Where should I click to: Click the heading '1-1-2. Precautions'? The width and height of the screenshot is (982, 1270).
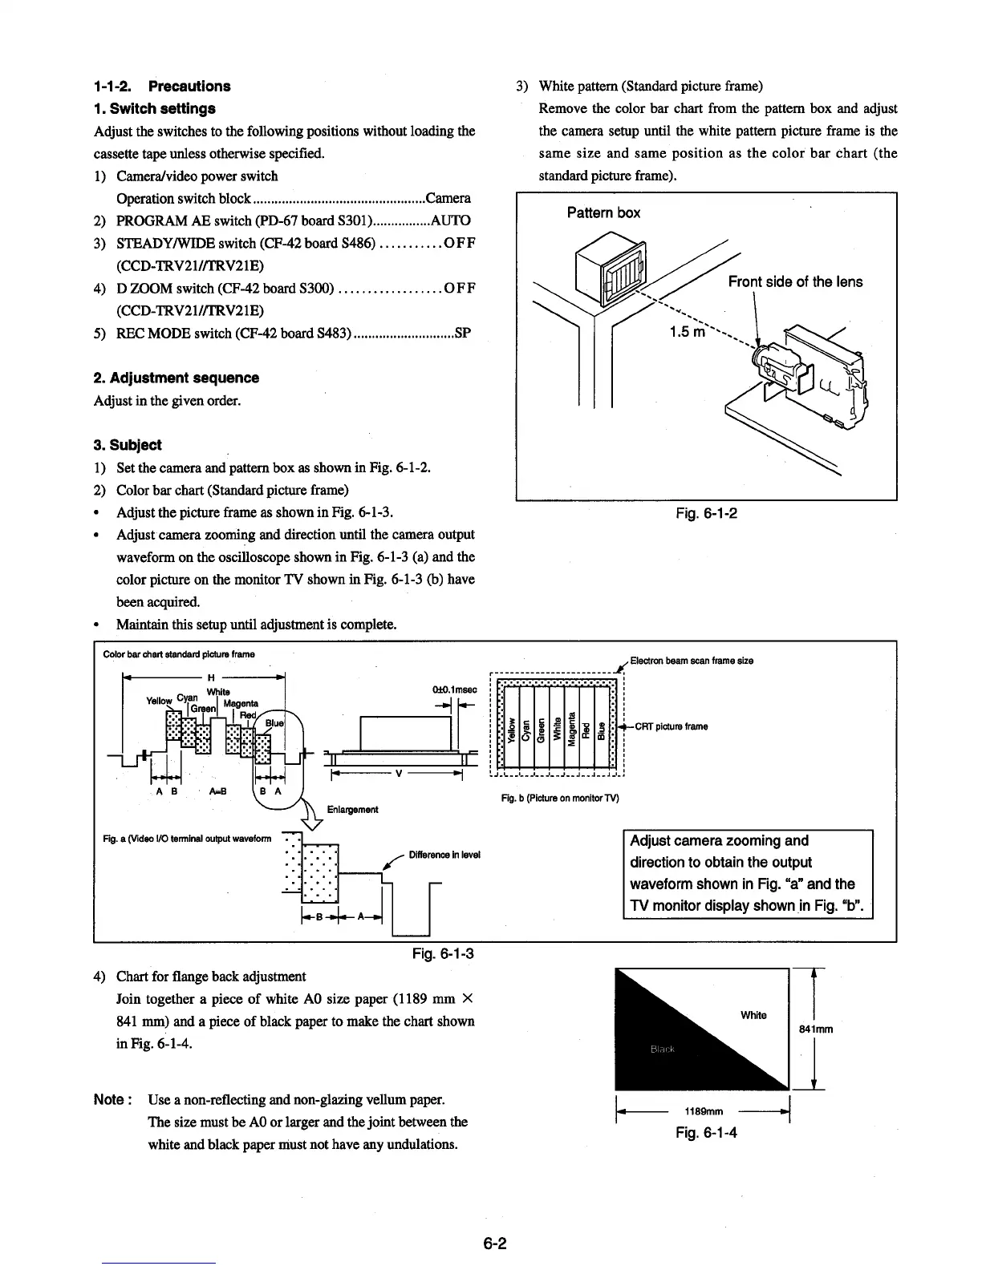[162, 87]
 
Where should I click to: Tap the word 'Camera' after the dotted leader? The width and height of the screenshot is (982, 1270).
[448, 198]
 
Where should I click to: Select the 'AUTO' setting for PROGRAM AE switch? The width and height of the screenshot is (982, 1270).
[450, 220]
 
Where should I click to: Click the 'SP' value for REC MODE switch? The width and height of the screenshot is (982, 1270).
[462, 333]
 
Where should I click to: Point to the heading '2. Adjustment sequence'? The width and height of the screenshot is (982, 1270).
[177, 378]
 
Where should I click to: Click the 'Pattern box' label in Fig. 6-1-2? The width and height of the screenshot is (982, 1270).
[603, 212]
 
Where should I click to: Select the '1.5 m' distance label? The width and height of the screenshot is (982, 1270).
[688, 332]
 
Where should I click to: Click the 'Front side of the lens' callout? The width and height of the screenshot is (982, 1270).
[795, 281]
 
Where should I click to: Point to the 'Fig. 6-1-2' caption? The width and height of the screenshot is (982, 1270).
[706, 513]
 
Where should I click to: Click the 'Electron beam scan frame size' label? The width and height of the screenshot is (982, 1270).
[691, 661]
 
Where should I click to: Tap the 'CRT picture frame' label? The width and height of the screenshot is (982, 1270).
[671, 727]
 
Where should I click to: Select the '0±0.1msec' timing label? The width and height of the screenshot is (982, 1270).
[454, 690]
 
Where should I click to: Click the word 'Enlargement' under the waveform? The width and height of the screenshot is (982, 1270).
[352, 810]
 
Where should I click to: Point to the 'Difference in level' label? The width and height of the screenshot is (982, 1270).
[444, 855]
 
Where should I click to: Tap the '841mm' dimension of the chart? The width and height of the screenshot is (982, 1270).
[814, 1029]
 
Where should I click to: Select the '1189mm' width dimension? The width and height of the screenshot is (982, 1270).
[703, 1111]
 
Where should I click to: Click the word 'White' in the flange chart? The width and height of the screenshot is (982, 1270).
[753, 1015]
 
